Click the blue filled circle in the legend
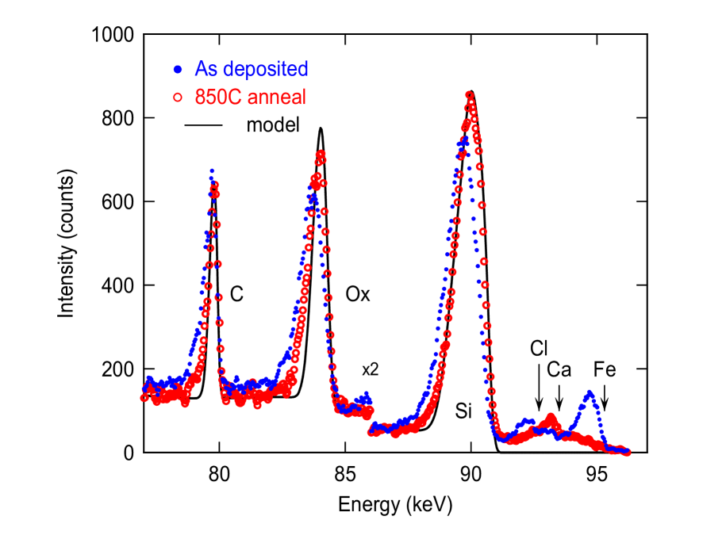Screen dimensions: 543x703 coord(177,70)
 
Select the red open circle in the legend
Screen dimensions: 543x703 coord(177,98)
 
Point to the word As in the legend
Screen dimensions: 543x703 coord(205,70)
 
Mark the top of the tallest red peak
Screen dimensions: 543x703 coord(469,95)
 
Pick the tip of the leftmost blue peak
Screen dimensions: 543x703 coord(212,170)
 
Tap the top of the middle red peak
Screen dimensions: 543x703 coord(321,154)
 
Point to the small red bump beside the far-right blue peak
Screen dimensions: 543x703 coord(551,416)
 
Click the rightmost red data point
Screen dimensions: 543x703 coord(628,452)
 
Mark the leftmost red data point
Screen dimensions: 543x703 coord(144,397)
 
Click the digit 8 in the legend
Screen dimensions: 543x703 coord(200,98)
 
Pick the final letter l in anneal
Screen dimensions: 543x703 coord(304,98)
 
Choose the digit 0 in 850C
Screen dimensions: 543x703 coord(222,98)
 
